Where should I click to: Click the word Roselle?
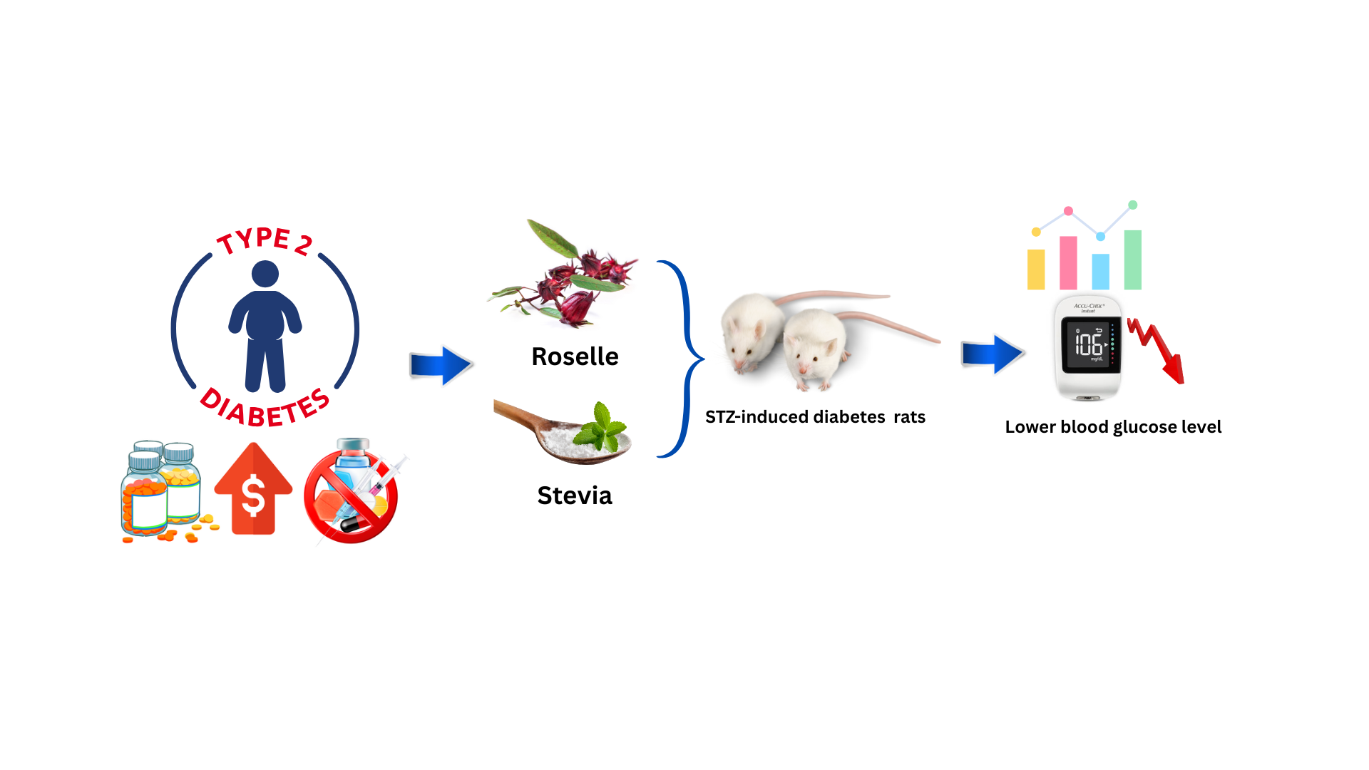[575, 356]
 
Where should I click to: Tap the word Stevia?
[574, 496]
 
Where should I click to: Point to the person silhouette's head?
[265, 274]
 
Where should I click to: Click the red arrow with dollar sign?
[253, 491]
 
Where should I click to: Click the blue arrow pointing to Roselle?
[441, 365]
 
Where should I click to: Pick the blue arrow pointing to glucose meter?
[992, 354]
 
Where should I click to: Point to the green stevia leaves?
[603, 428]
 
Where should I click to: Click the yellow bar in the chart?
[1036, 269]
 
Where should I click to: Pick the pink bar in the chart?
[1068, 263]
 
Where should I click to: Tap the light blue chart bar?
[1101, 272]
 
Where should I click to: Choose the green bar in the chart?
[1133, 260]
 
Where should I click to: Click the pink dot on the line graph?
[1068, 211]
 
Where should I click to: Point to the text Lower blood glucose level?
[1113, 427]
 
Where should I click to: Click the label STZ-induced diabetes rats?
[815, 417]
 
